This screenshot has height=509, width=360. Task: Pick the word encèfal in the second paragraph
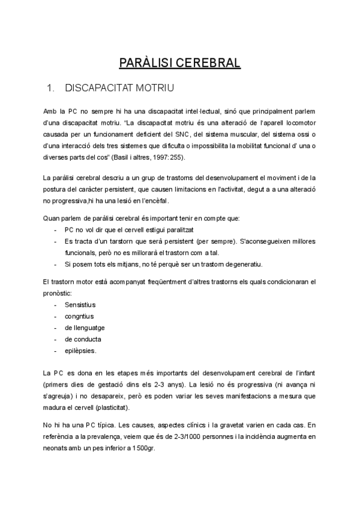[155, 200]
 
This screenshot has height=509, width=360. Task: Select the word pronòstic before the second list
[58, 292]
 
